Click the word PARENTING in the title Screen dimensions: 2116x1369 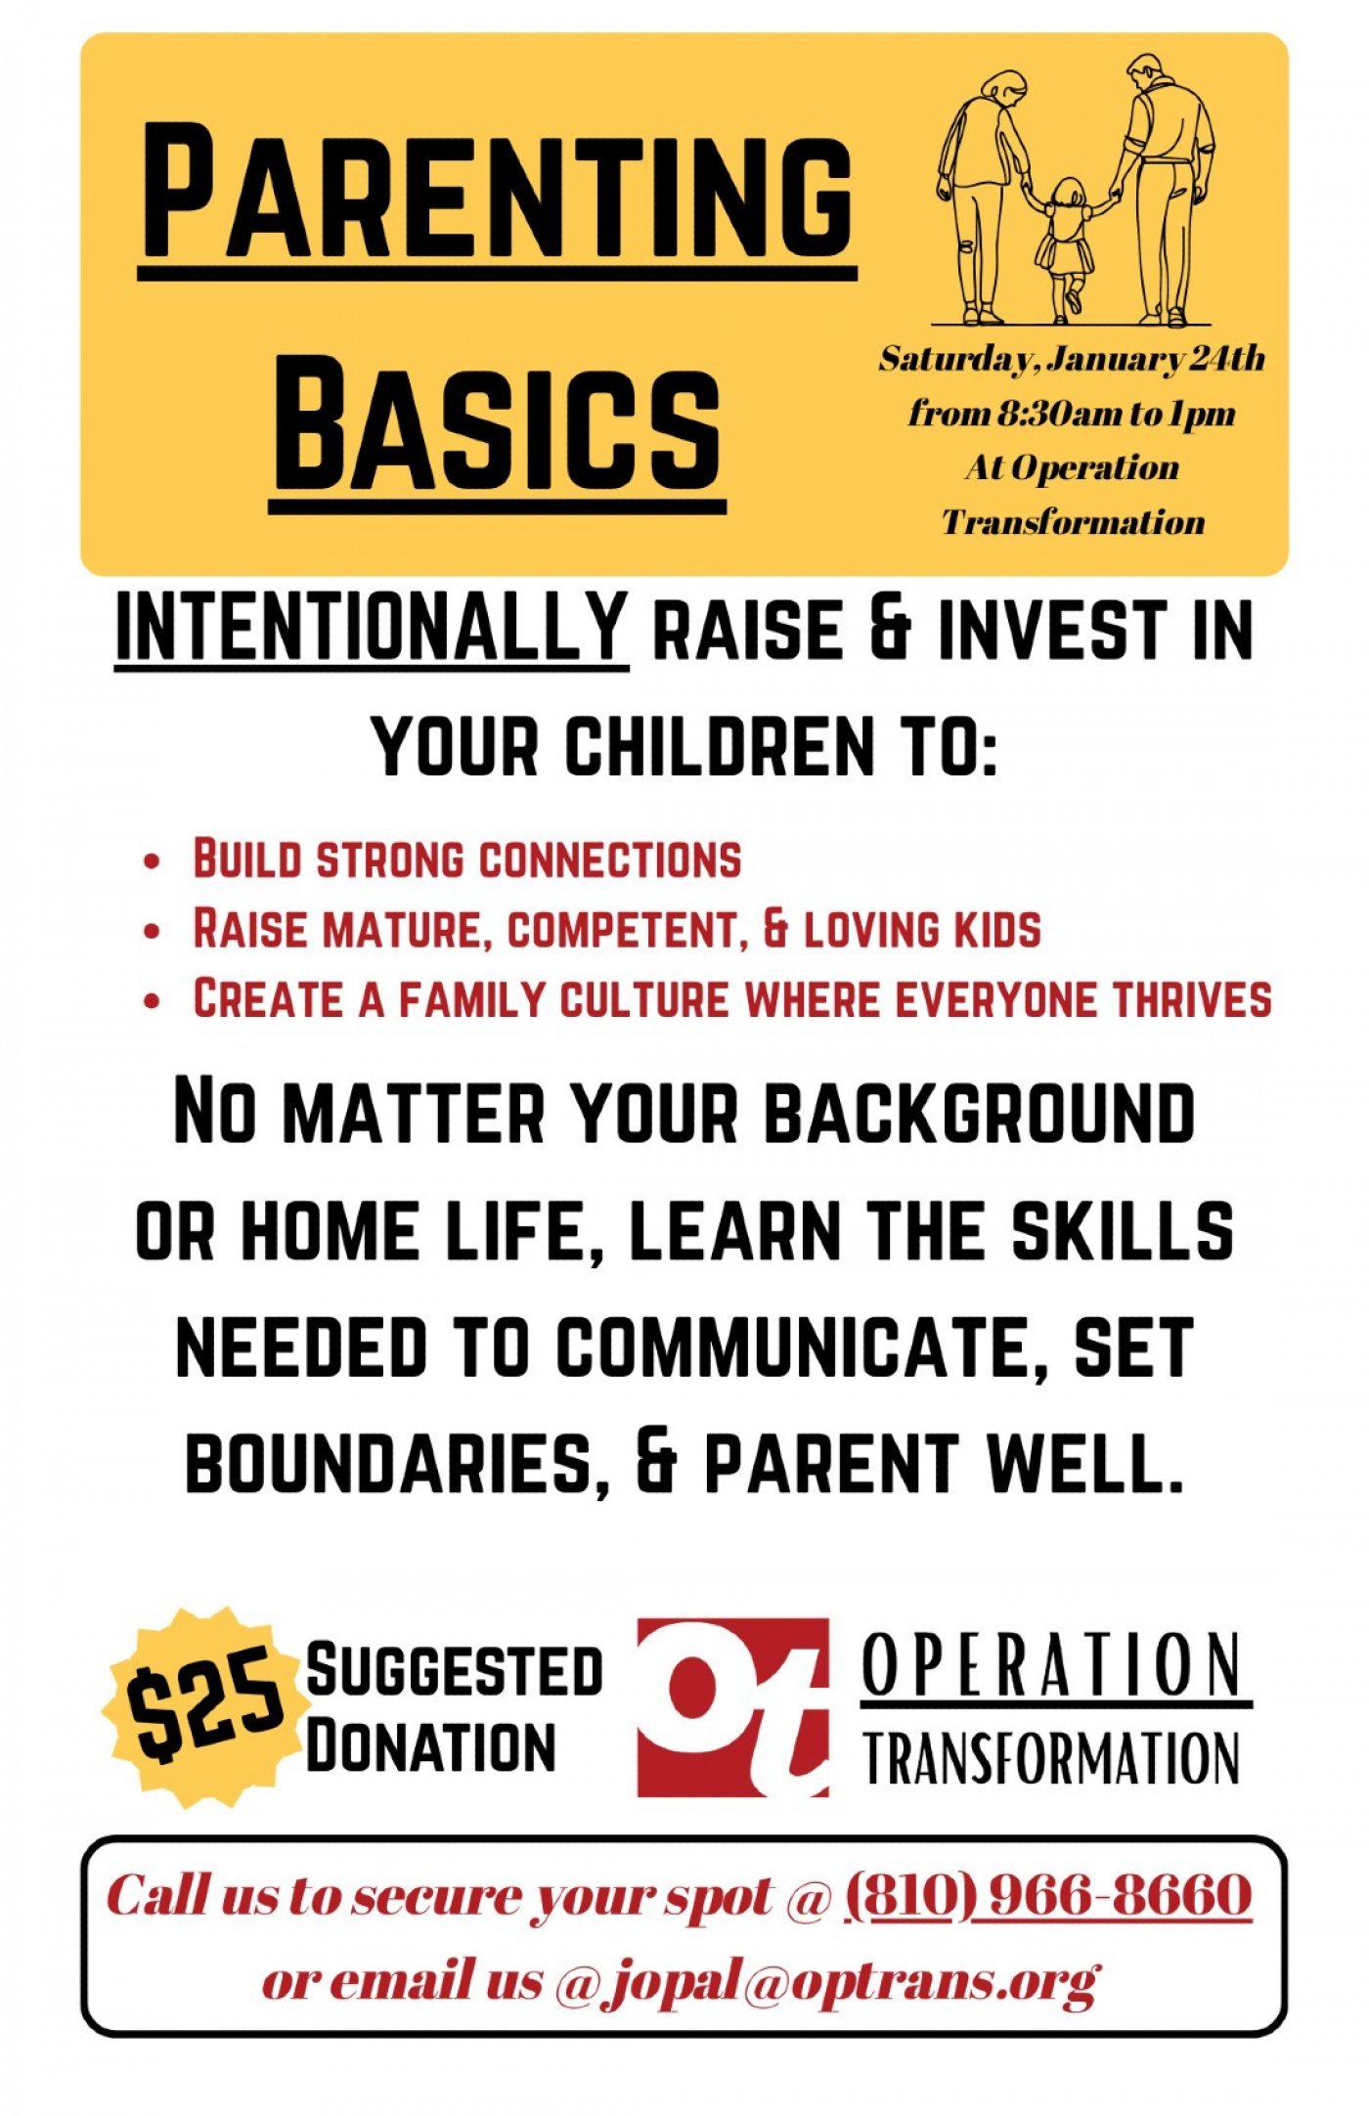497,191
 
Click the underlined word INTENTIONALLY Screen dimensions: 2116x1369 372,628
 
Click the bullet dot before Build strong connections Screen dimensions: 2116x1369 152,862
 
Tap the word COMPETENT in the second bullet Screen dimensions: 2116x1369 622,929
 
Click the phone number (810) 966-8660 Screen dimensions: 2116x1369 1047,1895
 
